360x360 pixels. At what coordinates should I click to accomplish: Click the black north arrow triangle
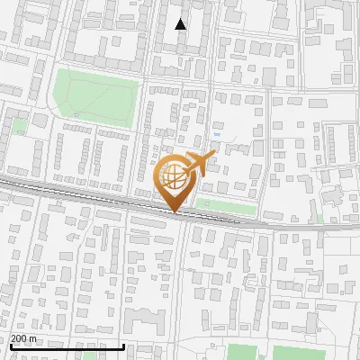181,25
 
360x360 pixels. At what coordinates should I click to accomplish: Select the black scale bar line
67,346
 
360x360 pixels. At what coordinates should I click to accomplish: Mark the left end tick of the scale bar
10,345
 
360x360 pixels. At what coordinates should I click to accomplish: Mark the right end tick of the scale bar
123,345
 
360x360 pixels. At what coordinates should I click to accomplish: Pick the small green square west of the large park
19,125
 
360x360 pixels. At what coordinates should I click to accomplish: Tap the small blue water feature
222,127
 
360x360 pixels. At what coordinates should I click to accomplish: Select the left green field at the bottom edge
241,352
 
